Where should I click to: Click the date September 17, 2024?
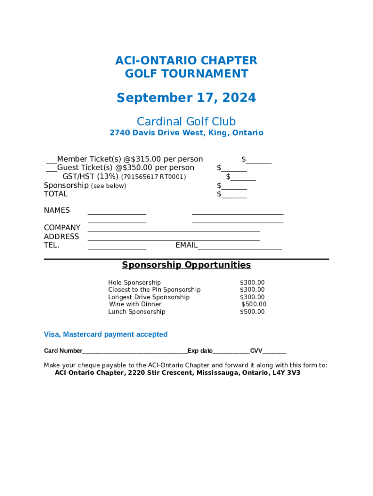pos(186,98)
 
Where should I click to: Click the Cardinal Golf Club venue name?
pos(186,121)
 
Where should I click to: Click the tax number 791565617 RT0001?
pos(153,177)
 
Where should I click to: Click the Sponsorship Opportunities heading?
pos(186,265)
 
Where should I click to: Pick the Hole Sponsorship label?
pos(134,282)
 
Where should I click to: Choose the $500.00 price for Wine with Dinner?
pos(254,304)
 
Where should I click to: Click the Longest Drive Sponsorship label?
pos(149,297)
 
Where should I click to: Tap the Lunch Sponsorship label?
pos(137,311)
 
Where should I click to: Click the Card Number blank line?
pos(135,352)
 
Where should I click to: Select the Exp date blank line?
pos(231,352)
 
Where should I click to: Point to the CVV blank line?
pos(275,352)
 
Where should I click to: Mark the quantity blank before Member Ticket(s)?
pos(51,161)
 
